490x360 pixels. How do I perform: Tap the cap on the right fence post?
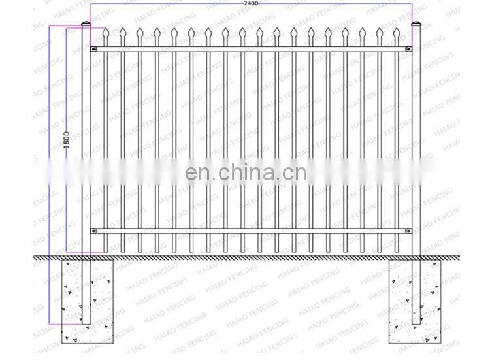click(415, 25)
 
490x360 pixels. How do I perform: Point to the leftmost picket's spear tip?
click(105, 32)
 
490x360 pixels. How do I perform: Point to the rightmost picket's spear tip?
click(397, 32)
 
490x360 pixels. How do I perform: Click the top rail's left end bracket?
click(95, 49)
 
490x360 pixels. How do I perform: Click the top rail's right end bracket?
click(407, 49)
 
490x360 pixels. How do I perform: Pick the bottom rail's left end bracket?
click(95, 230)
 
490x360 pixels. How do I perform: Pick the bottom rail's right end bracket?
click(407, 230)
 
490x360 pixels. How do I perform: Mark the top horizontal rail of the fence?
click(251, 49)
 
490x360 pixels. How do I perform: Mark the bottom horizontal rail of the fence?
click(251, 230)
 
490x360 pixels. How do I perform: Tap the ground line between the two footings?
click(251, 257)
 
